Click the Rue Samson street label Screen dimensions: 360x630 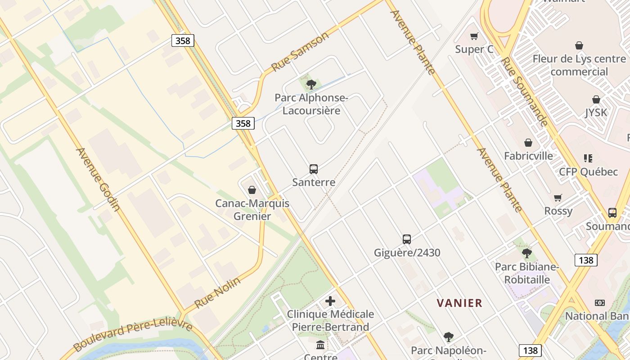300,52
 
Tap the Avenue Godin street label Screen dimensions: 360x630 98,179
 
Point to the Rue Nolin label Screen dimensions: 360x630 217,292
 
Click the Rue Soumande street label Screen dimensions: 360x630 525,92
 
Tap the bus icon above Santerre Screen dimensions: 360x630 314,169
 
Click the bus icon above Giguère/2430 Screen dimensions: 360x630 407,239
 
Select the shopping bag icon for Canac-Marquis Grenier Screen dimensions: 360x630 252,190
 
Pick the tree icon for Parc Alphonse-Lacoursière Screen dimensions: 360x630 311,84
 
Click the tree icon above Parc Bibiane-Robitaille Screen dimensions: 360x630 527,253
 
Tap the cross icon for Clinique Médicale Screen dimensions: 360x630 330,301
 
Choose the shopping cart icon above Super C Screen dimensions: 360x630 474,36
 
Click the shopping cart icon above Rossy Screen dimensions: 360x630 558,198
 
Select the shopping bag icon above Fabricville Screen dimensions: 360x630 528,143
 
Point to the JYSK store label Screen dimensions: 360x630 596,112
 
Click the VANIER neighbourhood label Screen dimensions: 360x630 459,303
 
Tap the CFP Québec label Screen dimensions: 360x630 588,172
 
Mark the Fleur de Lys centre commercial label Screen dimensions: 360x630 579,65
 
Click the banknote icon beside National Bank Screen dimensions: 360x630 600,303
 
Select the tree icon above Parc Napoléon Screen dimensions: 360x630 448,337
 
